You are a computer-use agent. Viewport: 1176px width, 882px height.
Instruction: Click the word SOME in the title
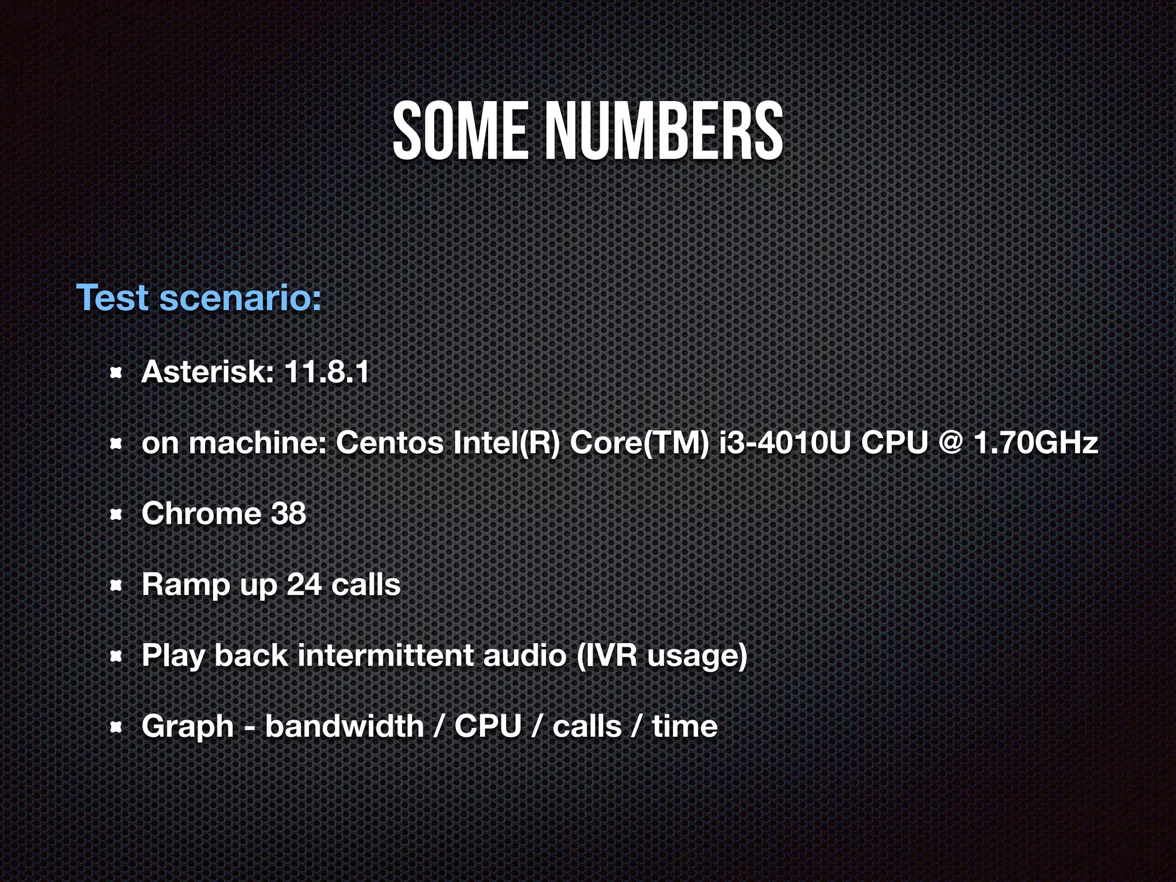(459, 131)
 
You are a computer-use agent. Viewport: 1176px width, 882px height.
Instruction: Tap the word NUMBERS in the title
(664, 131)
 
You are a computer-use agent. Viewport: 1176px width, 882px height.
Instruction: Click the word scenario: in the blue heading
(240, 298)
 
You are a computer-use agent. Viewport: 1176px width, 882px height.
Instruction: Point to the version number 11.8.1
(326, 372)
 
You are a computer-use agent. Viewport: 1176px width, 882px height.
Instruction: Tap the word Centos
(390, 443)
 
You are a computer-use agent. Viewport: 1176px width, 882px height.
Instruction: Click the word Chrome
(201, 513)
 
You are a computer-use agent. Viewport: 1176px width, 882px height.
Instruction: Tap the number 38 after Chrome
(289, 513)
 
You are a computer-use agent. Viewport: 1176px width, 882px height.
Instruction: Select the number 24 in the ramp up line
(304, 585)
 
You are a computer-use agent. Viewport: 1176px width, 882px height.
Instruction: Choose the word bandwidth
(344, 726)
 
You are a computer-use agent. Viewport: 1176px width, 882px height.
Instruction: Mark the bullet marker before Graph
(116, 729)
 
